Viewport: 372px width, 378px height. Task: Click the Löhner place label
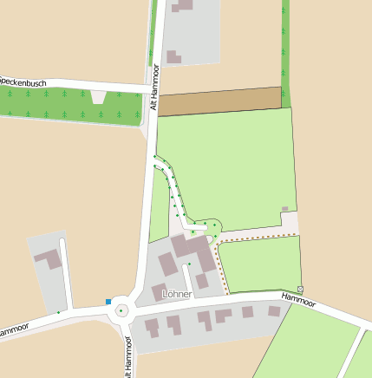[176, 294]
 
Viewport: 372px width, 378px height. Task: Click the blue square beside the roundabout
[108, 302]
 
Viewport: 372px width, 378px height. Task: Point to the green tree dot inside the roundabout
[121, 310]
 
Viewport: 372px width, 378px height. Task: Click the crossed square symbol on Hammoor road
[300, 288]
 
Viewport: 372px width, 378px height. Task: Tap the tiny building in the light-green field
[284, 209]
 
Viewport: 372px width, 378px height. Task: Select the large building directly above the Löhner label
[190, 246]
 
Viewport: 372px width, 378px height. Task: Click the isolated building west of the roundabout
[48, 259]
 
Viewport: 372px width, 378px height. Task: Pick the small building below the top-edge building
[173, 57]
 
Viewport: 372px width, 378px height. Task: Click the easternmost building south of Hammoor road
[274, 310]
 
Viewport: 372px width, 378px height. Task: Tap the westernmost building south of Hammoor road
[152, 328]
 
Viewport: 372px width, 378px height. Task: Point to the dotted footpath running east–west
[260, 235]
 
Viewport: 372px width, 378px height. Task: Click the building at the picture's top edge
[182, 4]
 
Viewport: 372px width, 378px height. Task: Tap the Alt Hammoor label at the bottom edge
[127, 360]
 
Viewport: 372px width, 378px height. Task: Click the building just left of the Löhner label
[159, 292]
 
